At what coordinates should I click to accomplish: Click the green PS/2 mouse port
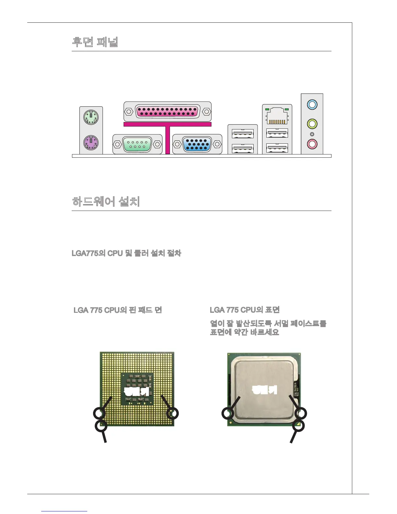coord(91,117)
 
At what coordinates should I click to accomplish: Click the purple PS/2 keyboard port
coord(91,142)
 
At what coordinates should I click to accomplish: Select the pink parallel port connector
coord(167,111)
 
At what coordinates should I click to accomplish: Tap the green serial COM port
coord(138,144)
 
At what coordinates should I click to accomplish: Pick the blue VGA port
coord(197,144)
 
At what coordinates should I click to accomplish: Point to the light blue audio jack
coord(312,104)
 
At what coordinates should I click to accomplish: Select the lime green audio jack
coord(312,124)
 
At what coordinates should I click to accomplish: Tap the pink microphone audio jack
coord(312,143)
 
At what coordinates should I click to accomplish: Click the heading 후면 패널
coord(95,42)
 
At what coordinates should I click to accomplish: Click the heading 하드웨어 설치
coord(106,202)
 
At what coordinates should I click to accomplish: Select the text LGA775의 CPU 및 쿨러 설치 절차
coord(126,253)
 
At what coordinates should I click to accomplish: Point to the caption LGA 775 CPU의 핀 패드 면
coord(117,310)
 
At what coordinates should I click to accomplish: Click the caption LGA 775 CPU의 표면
coord(245,310)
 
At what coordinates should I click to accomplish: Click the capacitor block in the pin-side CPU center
coord(137,389)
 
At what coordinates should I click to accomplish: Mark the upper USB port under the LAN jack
coord(277,133)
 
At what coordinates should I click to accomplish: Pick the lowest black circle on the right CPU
coord(298,425)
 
